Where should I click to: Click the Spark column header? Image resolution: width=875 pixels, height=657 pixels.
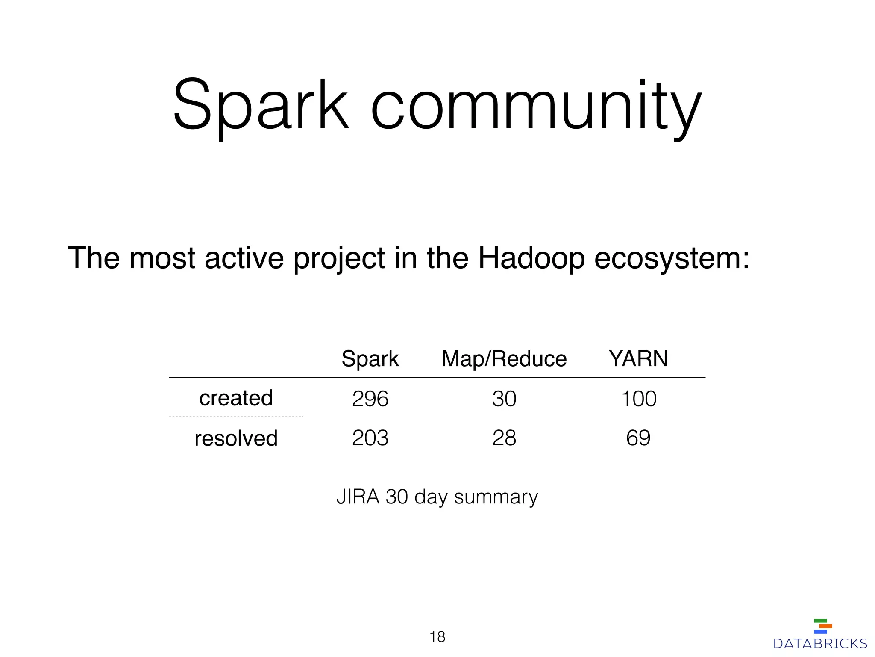(x=370, y=358)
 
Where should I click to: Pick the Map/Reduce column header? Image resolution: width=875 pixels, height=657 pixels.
(x=504, y=358)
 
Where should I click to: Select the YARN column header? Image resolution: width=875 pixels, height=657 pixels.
(x=638, y=358)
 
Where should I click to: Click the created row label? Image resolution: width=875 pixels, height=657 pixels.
(x=236, y=398)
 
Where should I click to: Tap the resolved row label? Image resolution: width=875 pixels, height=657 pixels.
(x=236, y=438)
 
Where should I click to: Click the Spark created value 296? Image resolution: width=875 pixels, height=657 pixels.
(x=370, y=399)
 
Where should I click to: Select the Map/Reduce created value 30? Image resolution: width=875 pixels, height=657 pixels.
(x=504, y=399)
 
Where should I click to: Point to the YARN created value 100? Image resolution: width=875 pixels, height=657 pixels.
(x=638, y=399)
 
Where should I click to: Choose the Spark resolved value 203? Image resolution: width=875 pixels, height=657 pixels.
(x=370, y=438)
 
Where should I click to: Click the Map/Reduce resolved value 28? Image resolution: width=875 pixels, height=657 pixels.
(x=504, y=438)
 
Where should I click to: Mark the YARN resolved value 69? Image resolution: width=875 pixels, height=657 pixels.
(x=638, y=438)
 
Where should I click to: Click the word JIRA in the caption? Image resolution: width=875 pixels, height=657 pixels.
(x=358, y=497)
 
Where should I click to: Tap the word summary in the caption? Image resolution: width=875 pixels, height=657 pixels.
(x=496, y=497)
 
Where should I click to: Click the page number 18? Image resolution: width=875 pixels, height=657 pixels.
(x=437, y=637)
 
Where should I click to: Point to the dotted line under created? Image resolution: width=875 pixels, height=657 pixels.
(x=236, y=417)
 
